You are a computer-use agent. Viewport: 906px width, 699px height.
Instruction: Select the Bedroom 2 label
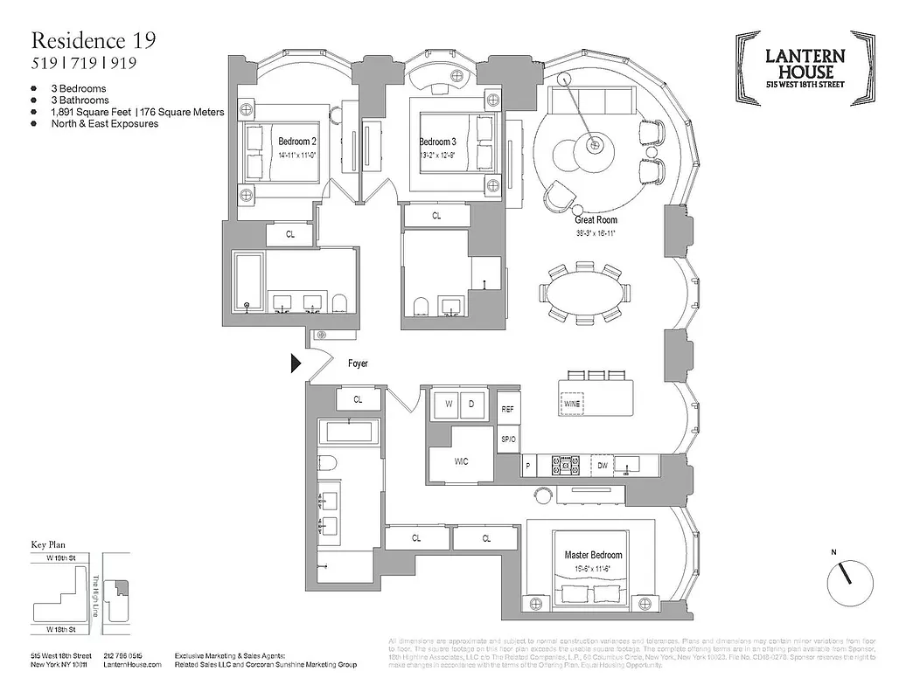[296, 142]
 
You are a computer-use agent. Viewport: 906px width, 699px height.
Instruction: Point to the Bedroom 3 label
[437, 142]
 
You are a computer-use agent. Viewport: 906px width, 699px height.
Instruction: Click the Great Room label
[596, 220]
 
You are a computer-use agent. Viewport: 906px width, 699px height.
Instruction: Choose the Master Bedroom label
[593, 555]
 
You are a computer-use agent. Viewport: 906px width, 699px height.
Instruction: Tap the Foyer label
[358, 363]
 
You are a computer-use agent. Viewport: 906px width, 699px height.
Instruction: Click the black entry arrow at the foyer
[296, 363]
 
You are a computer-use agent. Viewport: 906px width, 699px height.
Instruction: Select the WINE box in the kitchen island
[573, 405]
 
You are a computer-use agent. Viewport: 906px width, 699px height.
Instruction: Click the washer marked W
[446, 405]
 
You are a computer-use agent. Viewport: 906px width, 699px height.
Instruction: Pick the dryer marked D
[472, 405]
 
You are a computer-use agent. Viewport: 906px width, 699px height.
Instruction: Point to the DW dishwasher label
[602, 467]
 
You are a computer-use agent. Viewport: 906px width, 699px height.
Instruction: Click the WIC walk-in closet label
[461, 461]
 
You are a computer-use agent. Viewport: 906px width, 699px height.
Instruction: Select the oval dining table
[584, 289]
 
